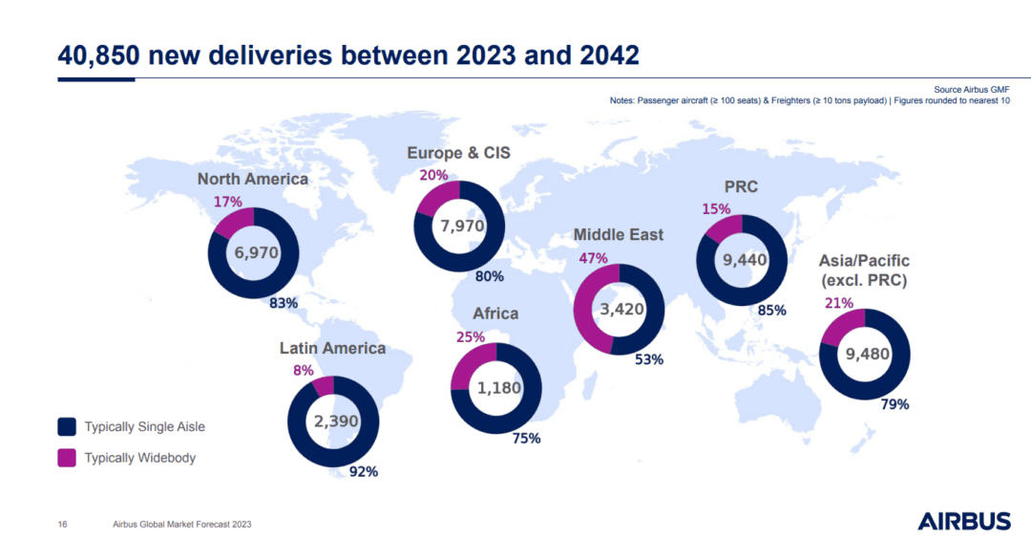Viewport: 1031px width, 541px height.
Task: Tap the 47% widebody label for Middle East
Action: [x=594, y=258]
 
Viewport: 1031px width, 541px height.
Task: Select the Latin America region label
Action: [x=332, y=348]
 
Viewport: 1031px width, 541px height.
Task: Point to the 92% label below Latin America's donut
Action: [x=364, y=471]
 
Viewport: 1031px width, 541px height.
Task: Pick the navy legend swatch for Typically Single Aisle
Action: [x=67, y=426]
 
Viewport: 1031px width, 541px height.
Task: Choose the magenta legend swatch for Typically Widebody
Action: [x=67, y=458]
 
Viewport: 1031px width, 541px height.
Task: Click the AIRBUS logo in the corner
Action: [x=963, y=521]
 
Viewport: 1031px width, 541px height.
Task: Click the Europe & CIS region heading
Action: [x=459, y=153]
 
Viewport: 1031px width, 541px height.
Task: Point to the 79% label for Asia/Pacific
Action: [x=894, y=404]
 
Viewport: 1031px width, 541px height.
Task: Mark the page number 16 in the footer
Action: [x=62, y=524]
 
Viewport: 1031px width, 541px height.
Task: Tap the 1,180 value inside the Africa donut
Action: [x=496, y=388]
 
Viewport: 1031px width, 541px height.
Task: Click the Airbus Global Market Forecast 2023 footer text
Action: [x=182, y=524]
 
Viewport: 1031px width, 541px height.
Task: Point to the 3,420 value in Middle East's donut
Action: [x=619, y=310]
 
